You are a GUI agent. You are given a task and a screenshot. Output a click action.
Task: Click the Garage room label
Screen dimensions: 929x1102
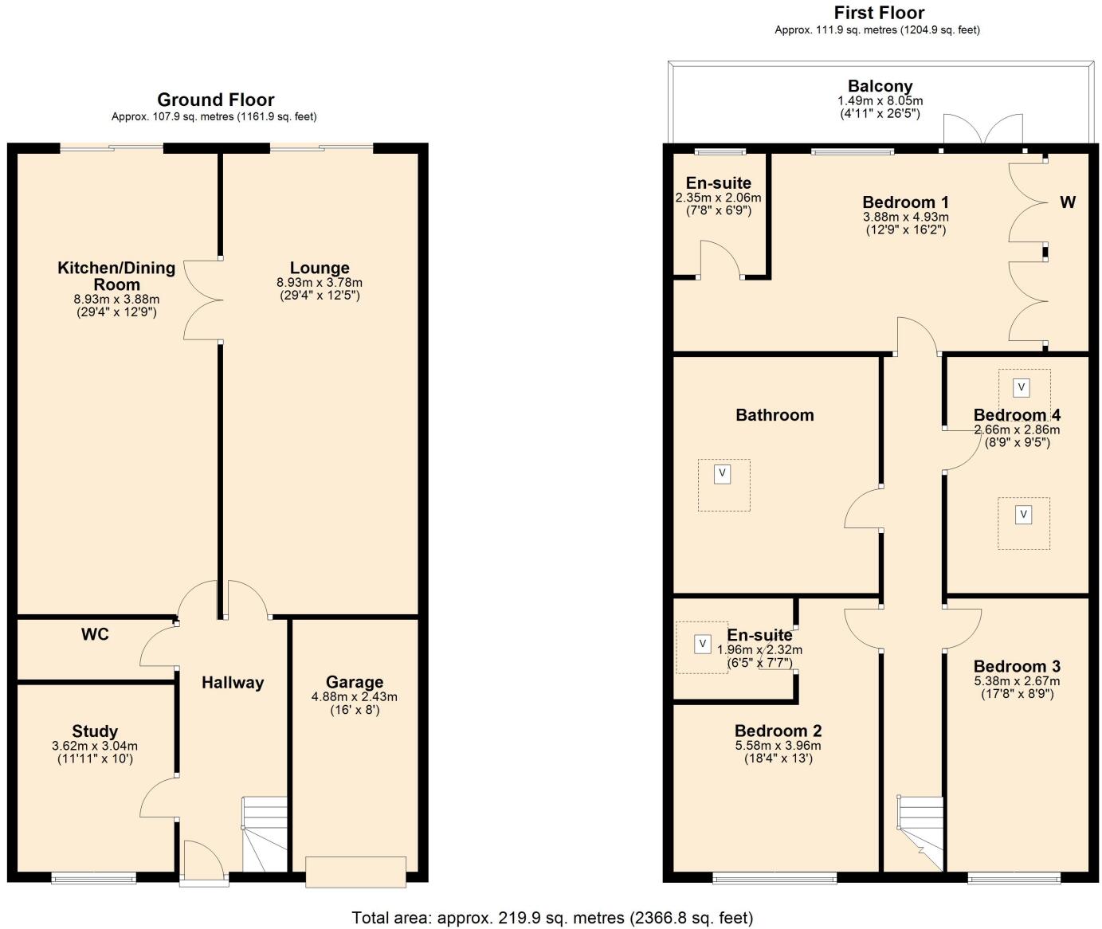point(354,682)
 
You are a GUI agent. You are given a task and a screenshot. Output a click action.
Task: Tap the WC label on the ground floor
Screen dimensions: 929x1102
point(95,634)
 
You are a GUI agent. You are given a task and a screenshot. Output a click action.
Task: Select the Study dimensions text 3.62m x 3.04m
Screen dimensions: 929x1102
point(94,747)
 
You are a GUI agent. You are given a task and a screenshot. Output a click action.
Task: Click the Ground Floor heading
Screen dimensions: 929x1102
point(215,100)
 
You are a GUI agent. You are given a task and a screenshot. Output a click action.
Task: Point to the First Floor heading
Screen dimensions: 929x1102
point(879,13)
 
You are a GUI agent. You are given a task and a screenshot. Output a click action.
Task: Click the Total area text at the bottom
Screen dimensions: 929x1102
point(551,917)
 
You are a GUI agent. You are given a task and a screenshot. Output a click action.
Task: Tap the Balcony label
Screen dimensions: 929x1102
point(880,86)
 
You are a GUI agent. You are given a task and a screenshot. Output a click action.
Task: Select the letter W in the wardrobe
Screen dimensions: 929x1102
point(1067,202)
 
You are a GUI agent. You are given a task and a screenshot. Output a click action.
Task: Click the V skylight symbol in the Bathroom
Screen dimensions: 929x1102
point(722,473)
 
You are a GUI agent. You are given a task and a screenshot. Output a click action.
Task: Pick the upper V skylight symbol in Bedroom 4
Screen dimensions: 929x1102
point(1022,388)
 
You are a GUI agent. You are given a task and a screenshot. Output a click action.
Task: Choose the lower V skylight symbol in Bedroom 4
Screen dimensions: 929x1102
point(1023,515)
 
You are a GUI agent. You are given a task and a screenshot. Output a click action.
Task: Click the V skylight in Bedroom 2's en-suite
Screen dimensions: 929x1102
point(702,643)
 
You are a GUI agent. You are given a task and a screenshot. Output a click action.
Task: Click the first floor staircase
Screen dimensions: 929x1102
point(920,833)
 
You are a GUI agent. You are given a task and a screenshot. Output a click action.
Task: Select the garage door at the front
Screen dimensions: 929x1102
point(355,871)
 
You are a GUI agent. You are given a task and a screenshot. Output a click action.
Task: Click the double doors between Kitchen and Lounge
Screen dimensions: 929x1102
point(202,300)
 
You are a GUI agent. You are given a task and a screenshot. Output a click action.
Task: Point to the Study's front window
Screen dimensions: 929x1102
point(93,878)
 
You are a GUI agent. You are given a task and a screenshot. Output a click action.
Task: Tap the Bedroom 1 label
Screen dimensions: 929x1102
point(905,202)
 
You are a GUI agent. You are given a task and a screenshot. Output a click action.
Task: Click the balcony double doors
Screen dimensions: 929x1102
point(982,131)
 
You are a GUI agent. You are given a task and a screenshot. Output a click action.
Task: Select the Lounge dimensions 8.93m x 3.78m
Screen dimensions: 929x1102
point(319,282)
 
